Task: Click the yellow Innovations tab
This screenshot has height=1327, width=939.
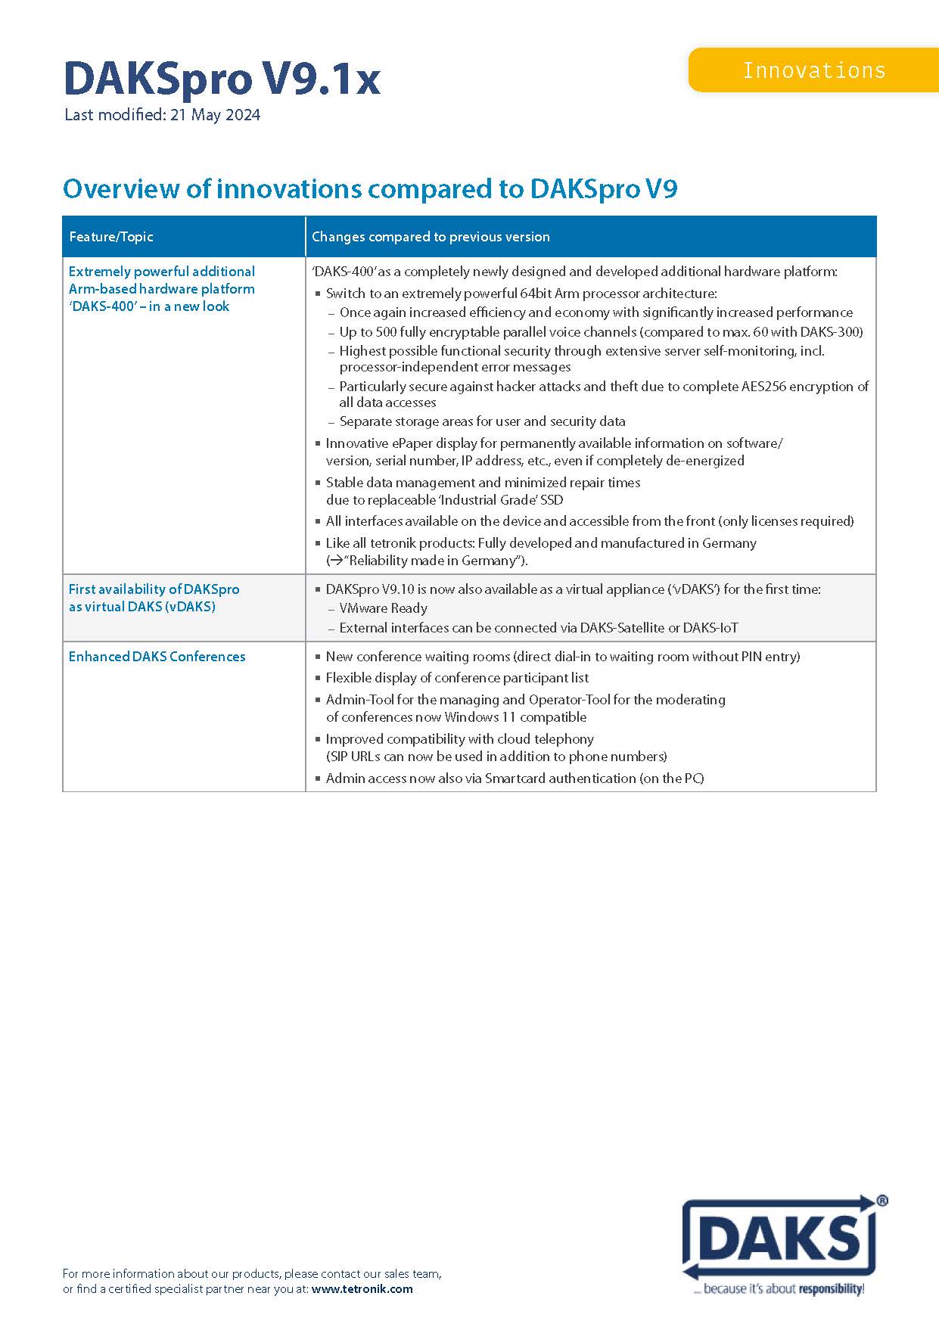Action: pos(813,70)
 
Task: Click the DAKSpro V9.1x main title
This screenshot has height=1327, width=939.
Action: pos(222,78)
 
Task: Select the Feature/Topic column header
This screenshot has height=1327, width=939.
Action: pos(111,237)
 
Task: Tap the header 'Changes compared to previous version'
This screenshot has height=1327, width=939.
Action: pos(431,237)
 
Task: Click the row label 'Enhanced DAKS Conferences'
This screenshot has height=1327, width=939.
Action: pos(157,657)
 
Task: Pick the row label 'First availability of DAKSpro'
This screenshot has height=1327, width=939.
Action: pos(154,589)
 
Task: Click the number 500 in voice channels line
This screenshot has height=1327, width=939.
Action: pos(387,331)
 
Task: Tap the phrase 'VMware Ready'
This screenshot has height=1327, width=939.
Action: pos(383,608)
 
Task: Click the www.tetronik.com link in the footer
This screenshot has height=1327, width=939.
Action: pos(362,1289)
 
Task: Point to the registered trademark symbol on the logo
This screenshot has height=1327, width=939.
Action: pos(882,1201)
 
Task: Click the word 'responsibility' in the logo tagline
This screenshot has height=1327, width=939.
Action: pos(830,1289)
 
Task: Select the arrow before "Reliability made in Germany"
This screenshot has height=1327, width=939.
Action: pos(334,561)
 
